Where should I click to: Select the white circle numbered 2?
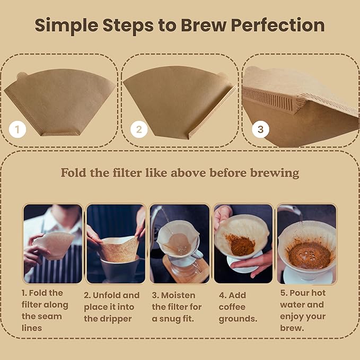[138, 129]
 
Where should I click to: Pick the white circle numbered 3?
[260, 129]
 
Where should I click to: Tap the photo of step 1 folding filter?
[53, 243]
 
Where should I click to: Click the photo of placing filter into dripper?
[116, 243]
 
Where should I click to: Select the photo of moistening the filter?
[180, 243]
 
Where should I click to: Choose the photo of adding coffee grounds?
[243, 243]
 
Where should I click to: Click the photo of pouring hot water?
[306, 243]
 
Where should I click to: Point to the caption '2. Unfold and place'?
[112, 307]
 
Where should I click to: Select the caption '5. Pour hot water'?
[303, 310]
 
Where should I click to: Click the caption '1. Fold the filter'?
[45, 310]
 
